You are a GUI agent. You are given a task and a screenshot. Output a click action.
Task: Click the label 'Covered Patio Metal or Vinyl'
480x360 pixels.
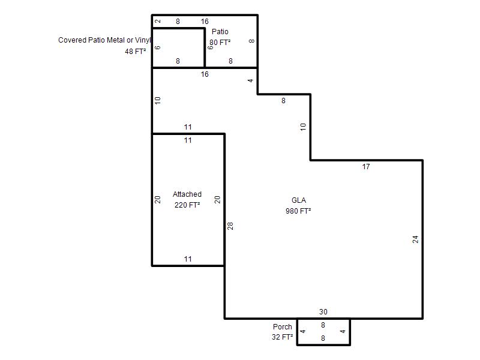tap(104, 40)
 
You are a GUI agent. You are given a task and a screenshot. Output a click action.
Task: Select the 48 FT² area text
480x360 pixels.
tap(136, 52)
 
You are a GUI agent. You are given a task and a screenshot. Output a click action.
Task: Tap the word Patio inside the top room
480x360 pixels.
tap(220, 32)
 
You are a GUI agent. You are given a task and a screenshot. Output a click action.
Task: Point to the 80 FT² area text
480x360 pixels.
tap(220, 42)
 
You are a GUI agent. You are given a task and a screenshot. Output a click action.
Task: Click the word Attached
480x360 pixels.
tap(187, 194)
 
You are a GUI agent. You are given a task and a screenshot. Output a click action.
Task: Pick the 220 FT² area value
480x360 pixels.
tap(187, 205)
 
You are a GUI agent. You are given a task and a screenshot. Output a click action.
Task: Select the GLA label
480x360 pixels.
tap(299, 200)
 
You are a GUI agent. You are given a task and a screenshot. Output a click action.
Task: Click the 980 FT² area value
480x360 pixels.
tap(298, 211)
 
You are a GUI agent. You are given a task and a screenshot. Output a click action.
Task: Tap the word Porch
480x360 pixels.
tap(283, 326)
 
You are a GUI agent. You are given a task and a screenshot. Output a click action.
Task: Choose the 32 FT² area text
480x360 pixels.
tap(282, 337)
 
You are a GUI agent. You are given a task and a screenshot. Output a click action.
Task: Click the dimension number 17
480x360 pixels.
tap(366, 167)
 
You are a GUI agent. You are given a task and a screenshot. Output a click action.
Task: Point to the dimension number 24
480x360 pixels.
tap(415, 239)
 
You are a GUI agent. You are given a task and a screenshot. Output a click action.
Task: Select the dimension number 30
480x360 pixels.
tap(323, 312)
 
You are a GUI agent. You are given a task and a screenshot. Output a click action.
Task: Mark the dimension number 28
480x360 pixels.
tap(230, 226)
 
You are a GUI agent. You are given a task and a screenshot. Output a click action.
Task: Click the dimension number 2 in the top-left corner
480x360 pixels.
tap(158, 21)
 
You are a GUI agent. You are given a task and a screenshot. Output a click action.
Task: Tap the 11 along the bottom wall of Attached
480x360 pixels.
tap(188, 259)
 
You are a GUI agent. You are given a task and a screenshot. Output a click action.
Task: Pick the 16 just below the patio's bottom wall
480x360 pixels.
tap(205, 74)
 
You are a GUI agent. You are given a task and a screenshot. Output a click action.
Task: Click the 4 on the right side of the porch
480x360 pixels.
tap(343, 331)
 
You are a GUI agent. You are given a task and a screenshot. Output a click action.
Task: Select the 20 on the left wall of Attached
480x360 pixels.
tap(157, 200)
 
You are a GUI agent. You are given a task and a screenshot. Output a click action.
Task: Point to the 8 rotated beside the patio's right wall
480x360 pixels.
tap(251, 41)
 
